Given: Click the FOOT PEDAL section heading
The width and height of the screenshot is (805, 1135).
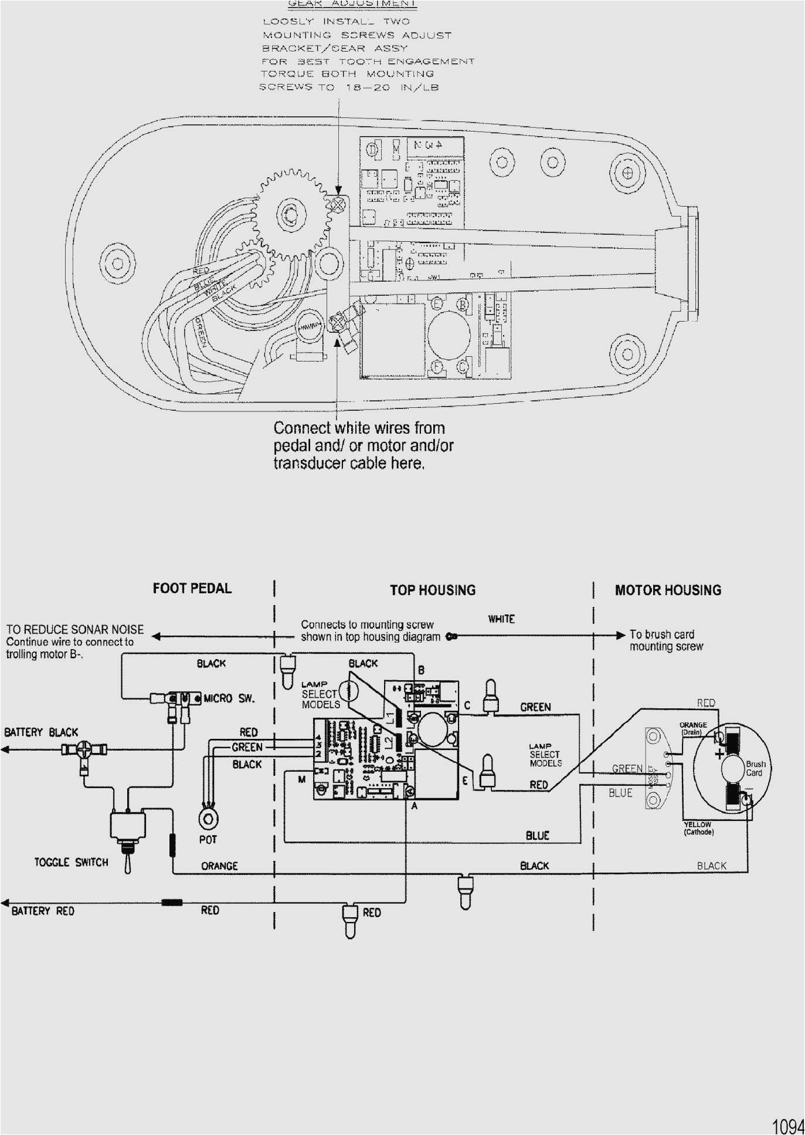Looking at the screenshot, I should tap(192, 588).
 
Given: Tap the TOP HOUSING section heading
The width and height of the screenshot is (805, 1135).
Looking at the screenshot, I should tap(433, 590).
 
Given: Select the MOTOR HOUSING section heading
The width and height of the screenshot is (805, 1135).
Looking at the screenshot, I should tap(668, 590).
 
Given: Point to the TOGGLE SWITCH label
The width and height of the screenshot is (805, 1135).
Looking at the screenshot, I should tap(71, 862).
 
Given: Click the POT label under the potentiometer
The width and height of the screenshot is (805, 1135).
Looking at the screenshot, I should tap(208, 839).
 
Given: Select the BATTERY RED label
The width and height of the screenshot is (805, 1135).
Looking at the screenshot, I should tap(43, 911).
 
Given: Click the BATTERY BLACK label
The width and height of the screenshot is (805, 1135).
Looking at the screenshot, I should tap(41, 732).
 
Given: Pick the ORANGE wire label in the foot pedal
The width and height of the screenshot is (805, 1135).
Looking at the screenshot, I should tap(219, 866).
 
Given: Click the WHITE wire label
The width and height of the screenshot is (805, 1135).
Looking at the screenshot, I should tap(501, 619).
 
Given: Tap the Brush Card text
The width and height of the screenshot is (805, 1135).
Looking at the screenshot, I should tap(755, 768).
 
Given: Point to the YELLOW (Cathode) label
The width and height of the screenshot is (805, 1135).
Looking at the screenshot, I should tap(698, 828).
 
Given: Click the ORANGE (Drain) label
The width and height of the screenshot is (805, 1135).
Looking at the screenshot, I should tap(693, 728).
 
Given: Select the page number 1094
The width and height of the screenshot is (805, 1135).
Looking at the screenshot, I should tap(788, 1126).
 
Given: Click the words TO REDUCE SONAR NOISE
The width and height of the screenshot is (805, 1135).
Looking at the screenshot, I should tap(75, 630).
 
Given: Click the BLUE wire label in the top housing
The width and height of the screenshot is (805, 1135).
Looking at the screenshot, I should tap(537, 835).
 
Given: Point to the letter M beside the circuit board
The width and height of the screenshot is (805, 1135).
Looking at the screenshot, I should tap(301, 779).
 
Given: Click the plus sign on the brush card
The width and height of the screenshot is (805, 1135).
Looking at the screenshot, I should tap(720, 754).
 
